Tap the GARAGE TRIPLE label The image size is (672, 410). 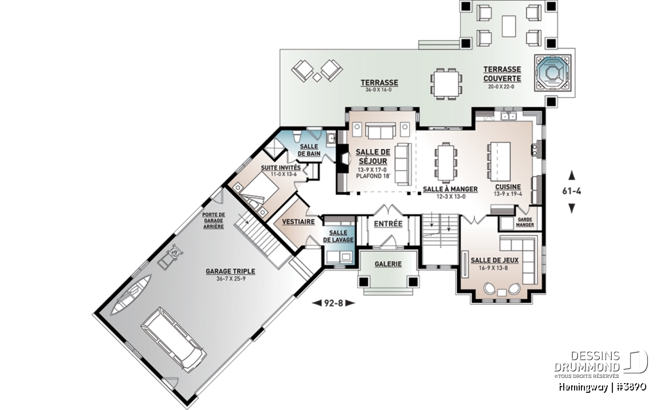[230, 271]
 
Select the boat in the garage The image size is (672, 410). [131, 295]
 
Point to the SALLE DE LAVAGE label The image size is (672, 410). [338, 236]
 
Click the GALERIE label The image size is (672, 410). [388, 264]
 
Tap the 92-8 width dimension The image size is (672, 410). [333, 303]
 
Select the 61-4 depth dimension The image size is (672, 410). [571, 191]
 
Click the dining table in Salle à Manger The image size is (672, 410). [445, 163]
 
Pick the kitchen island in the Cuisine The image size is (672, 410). [500, 161]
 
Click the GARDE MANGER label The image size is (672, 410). [525, 222]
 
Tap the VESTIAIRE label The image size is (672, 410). [298, 222]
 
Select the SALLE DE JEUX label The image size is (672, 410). [494, 260]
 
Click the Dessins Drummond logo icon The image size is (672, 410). [635, 361]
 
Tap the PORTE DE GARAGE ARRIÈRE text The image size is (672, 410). [214, 220]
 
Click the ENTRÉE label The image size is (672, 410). [388, 224]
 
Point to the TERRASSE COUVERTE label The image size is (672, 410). [502, 74]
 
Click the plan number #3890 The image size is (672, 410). [630, 387]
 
